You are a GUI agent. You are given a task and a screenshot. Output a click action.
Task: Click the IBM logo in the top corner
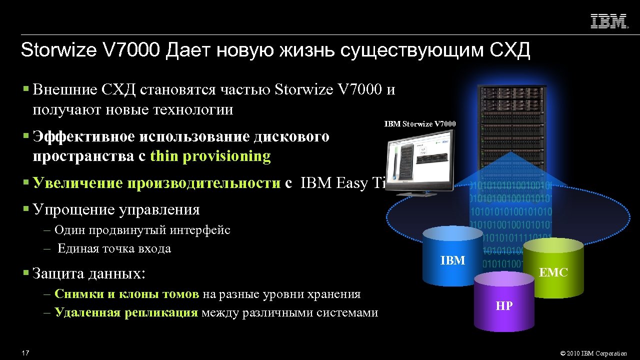609,21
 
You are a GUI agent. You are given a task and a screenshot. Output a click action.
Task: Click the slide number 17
25,353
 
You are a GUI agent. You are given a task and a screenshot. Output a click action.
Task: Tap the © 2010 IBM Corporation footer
593,353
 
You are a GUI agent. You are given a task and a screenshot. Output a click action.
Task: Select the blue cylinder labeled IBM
452,257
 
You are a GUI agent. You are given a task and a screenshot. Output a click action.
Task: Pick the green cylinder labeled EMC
553,270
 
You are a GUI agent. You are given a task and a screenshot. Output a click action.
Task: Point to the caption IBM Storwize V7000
420,124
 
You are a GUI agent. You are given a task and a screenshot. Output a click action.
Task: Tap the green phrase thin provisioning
210,156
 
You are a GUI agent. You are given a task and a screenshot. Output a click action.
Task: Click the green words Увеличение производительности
156,183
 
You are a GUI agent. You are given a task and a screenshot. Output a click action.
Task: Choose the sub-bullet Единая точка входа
114,248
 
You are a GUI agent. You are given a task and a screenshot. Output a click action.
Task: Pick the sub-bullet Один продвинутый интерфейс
142,230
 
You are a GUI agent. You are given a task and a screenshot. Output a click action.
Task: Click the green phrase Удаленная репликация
126,313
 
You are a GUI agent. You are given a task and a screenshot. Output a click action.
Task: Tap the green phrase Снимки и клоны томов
126,294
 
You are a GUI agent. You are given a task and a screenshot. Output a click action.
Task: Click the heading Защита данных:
89,273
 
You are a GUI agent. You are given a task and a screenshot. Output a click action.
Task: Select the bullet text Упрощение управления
116,209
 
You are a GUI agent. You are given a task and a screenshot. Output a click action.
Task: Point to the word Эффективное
83,136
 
